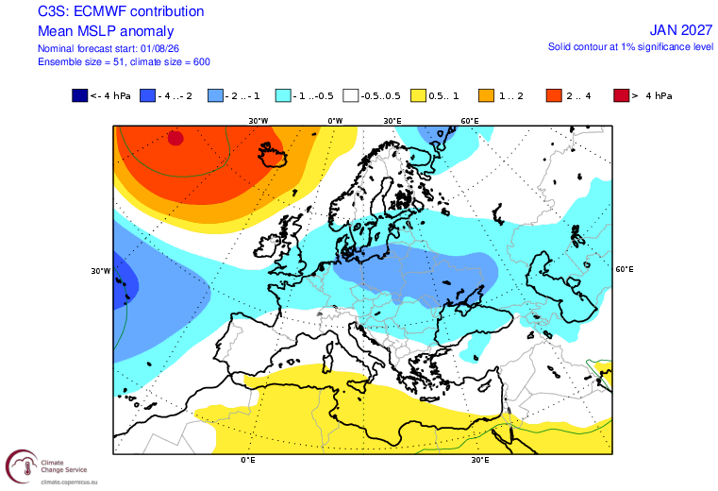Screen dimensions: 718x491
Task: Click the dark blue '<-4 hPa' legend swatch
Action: [79, 95]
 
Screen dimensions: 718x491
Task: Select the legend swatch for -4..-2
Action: [147, 95]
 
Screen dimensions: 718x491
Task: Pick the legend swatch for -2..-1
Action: [215, 95]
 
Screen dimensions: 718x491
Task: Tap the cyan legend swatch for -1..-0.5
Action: [283, 95]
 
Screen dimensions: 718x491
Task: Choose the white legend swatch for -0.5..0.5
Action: [351, 95]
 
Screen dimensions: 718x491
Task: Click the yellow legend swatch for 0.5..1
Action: [419, 95]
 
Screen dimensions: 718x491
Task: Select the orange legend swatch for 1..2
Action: [486, 95]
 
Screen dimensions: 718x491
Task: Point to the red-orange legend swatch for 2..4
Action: [554, 95]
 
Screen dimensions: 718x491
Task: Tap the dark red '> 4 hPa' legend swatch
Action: [622, 95]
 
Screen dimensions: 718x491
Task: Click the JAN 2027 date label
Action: [681, 30]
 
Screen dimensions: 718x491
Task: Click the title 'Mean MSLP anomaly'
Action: [106, 31]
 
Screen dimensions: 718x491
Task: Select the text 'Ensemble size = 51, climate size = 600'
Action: [124, 62]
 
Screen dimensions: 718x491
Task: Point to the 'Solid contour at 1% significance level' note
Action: [630, 47]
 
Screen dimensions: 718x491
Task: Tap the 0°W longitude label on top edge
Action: [335, 121]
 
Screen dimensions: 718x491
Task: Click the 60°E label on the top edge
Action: [470, 121]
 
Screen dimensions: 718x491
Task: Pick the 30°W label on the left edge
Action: [101, 271]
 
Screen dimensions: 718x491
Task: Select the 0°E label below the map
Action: [248, 460]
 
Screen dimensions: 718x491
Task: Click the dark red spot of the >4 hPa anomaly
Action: [175, 138]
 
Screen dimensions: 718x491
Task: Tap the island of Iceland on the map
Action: [273, 155]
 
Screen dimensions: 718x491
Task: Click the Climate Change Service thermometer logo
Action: [22, 466]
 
